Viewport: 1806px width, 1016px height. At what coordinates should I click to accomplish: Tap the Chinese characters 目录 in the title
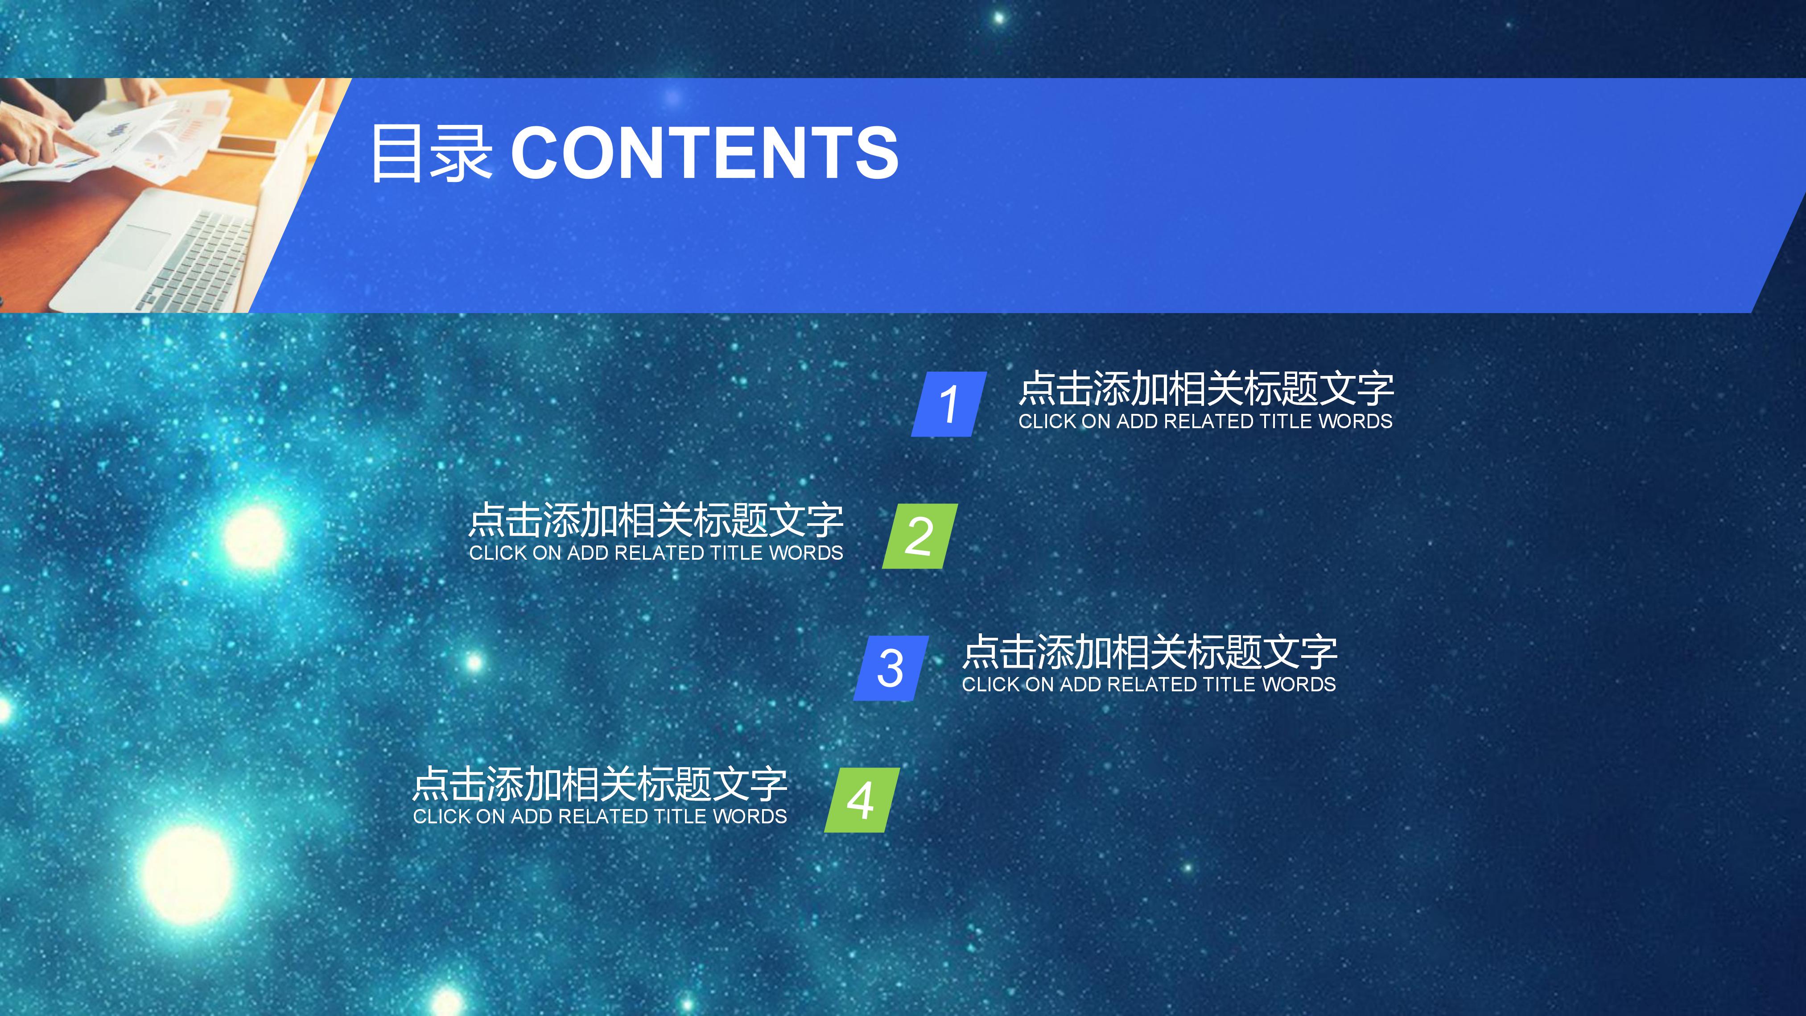pos(430,153)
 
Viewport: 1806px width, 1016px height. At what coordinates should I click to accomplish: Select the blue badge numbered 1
pos(948,404)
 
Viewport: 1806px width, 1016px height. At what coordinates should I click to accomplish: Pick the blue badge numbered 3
pos(891,668)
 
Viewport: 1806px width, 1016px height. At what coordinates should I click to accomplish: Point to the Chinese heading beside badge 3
pos(1149,652)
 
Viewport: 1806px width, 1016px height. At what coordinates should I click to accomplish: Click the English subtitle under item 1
pos(1205,421)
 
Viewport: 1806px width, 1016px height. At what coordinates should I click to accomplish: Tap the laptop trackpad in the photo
pos(137,242)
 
